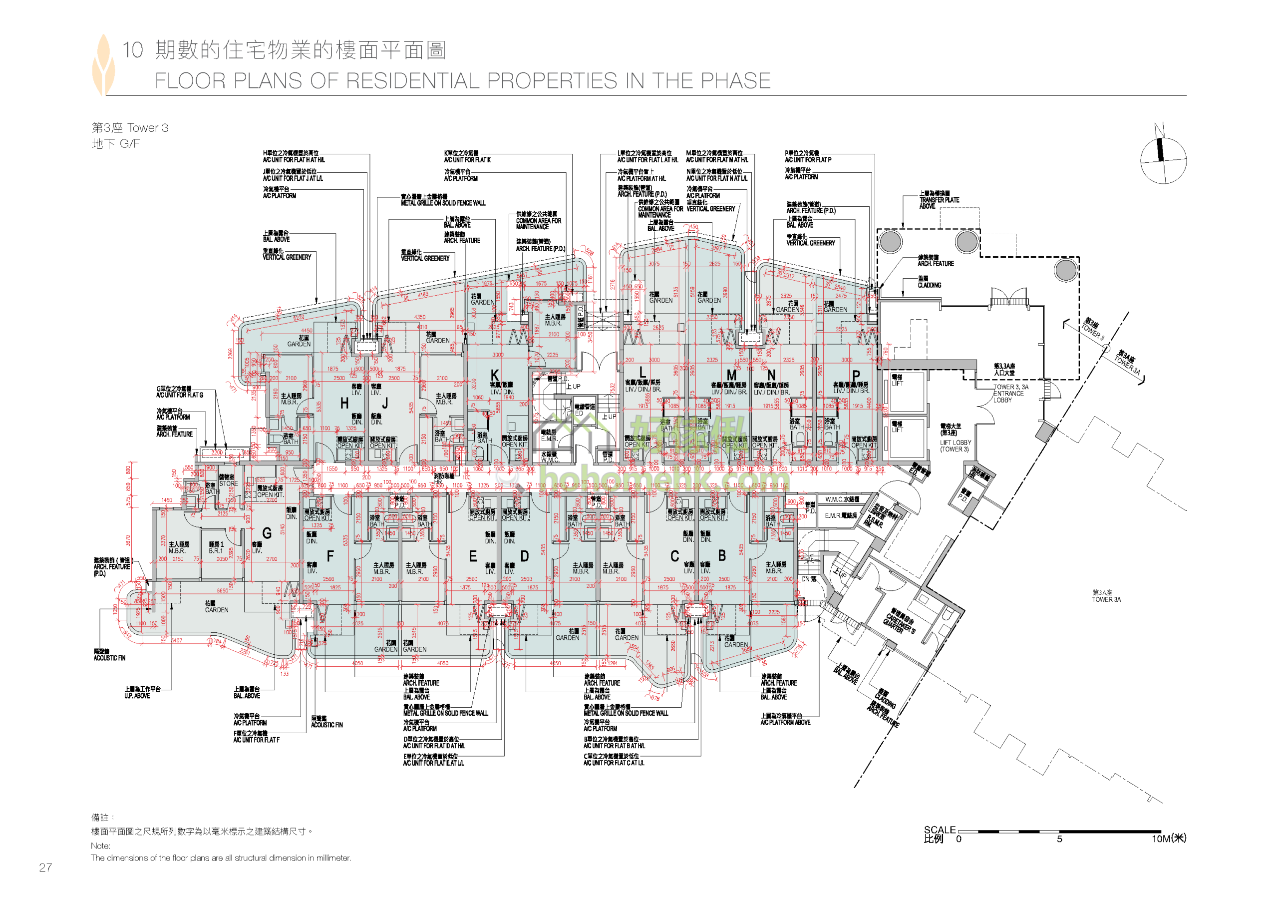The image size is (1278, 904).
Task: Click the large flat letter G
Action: (267, 533)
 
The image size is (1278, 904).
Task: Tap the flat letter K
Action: (494, 376)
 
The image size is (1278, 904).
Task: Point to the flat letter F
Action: (330, 556)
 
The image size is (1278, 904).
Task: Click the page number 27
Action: (45, 867)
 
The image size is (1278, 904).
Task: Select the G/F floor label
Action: (129, 144)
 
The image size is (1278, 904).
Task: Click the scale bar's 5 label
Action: (1059, 839)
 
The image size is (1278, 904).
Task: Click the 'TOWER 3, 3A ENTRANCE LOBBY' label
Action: (1011, 393)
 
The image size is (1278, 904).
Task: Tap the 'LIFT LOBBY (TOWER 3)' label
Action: (955, 446)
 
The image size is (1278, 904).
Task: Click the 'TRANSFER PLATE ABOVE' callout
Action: (939, 200)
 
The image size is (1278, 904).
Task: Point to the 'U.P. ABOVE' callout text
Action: (137, 696)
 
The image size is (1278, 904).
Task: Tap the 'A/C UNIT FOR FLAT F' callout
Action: (256, 740)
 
